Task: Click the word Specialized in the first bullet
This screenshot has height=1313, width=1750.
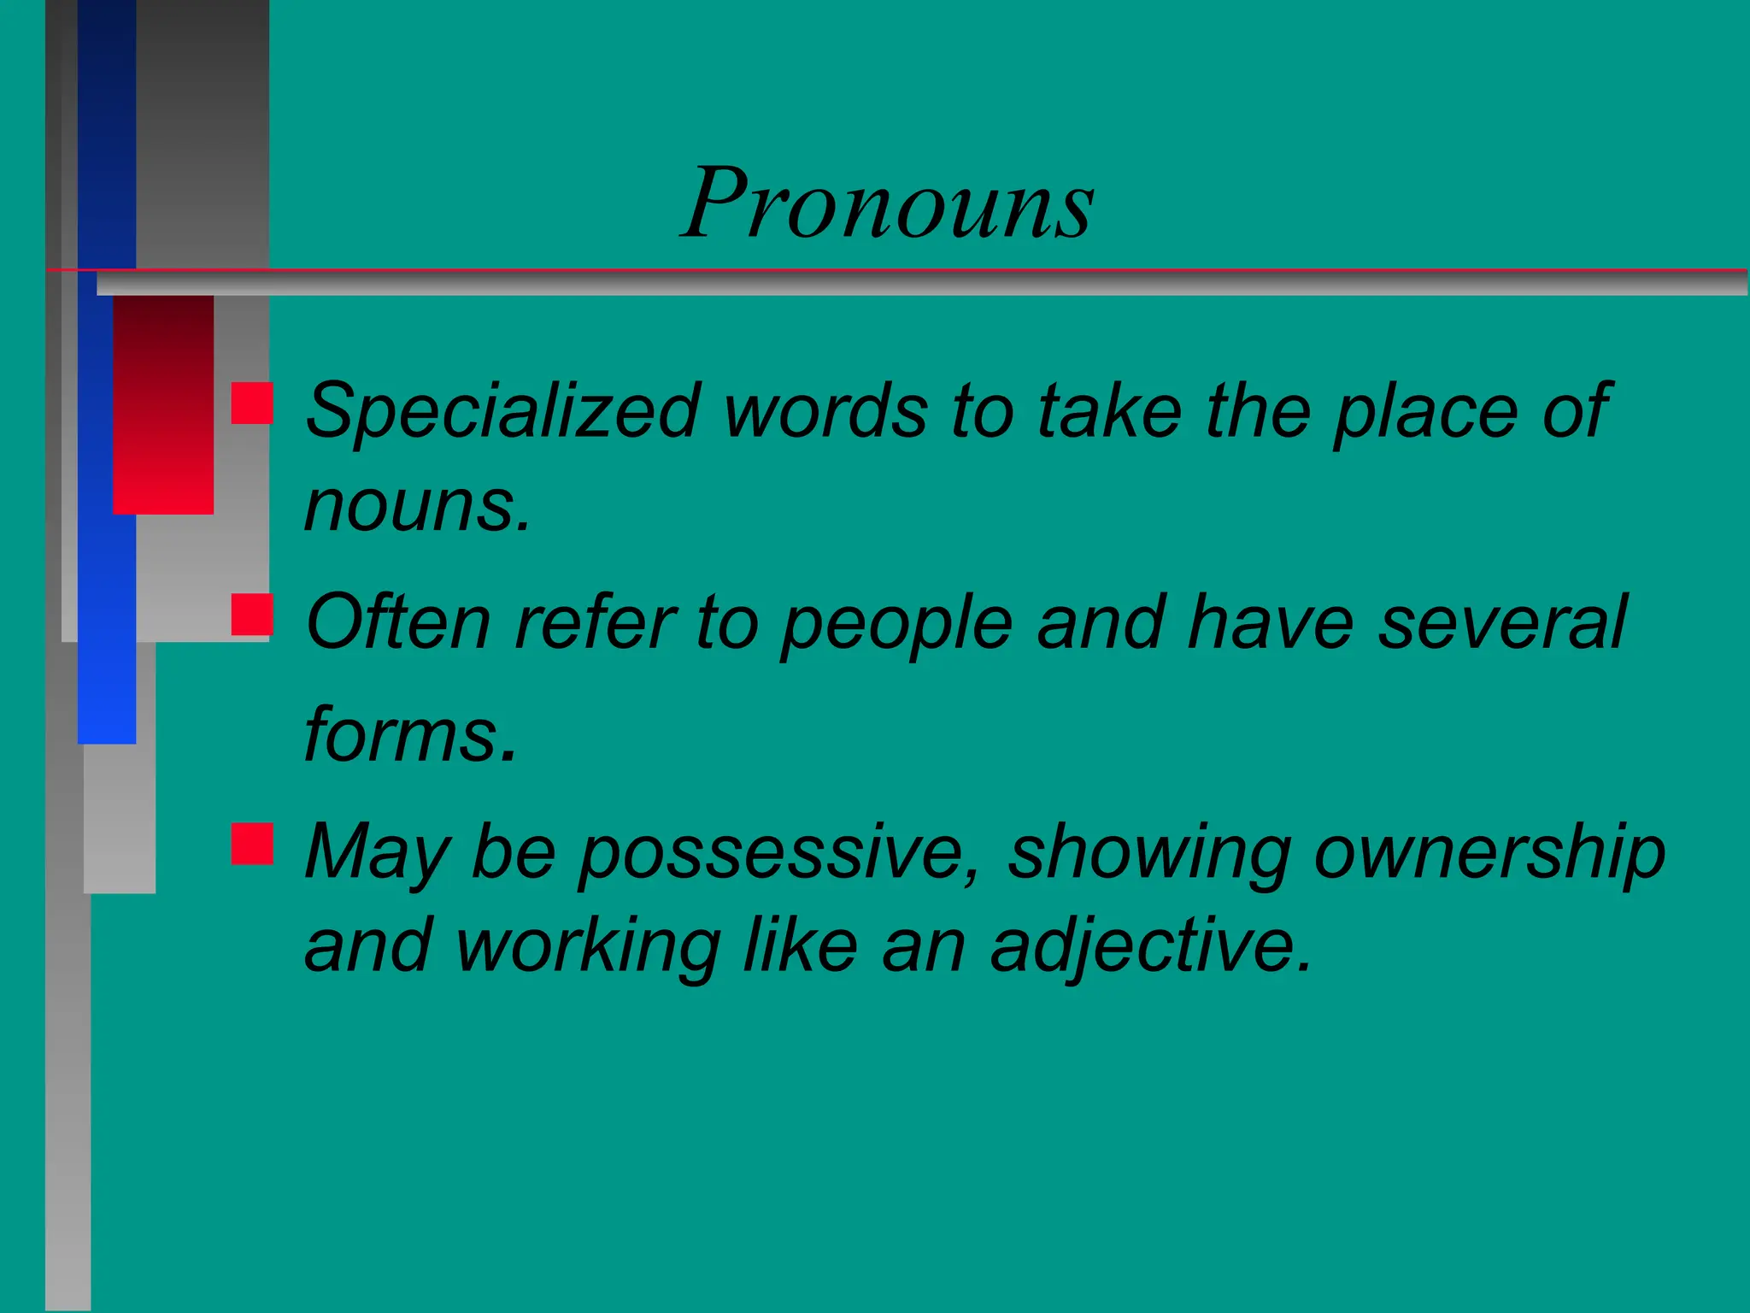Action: [502, 412]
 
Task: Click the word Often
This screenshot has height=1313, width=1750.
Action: [398, 622]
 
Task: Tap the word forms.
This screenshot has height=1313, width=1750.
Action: [411, 735]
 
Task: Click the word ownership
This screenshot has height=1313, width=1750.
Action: [1489, 852]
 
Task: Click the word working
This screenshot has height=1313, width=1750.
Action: [588, 947]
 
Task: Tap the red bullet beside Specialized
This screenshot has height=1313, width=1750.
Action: [252, 403]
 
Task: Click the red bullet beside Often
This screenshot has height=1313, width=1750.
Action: [252, 615]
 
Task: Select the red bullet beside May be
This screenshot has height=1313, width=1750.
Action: [252, 844]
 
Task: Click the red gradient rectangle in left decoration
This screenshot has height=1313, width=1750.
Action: [163, 405]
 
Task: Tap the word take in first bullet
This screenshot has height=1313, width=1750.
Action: [1109, 412]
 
